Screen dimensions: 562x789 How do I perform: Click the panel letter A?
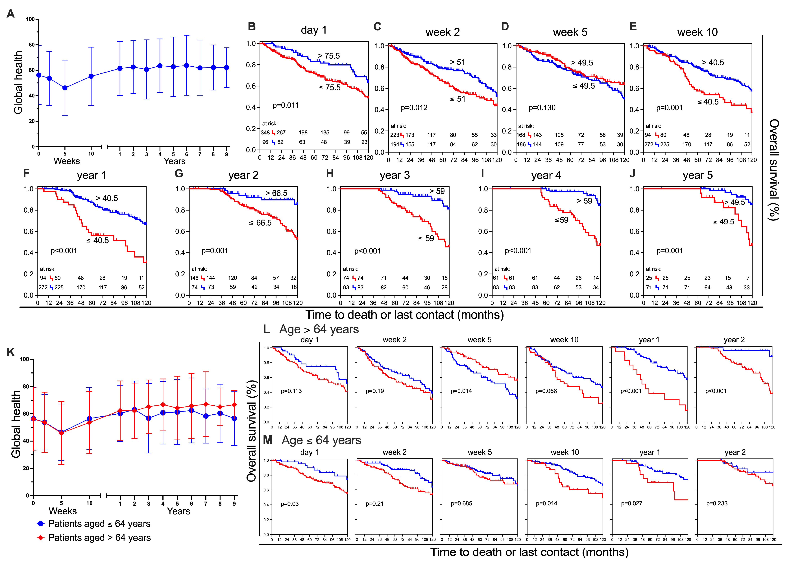tap(10, 14)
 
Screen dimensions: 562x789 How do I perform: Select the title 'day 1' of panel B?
tap(313, 30)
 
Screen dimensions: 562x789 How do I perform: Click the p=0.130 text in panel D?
tap(542, 108)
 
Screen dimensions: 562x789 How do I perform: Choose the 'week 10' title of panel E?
tap(697, 32)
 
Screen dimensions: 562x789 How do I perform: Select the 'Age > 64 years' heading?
tap(319, 329)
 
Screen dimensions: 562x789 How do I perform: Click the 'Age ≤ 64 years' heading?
tap(321, 440)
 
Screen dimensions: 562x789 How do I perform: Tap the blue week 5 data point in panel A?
tap(65, 88)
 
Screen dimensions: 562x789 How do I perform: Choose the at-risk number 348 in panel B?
tap(265, 133)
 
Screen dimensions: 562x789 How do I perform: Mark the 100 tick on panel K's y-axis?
tap(24, 359)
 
